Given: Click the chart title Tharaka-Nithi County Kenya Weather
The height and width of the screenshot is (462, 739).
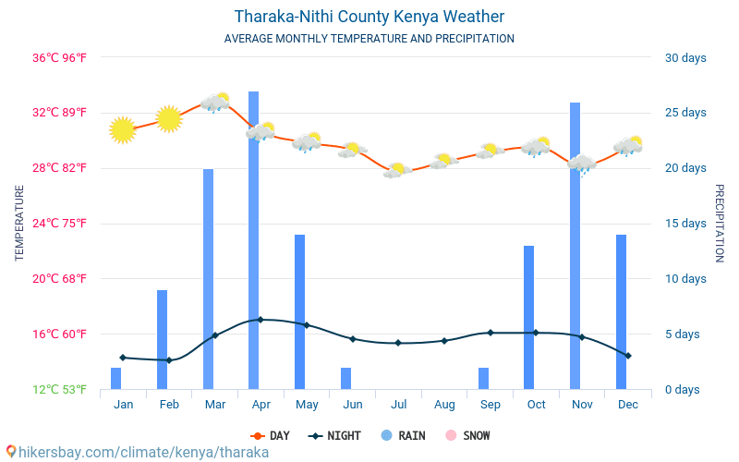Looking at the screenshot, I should (x=369, y=17).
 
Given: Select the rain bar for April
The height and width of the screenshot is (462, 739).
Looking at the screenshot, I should (x=253, y=240).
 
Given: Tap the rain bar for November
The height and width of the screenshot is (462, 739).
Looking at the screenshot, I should (x=575, y=246).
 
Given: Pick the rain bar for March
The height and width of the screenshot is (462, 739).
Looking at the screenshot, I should (x=208, y=279).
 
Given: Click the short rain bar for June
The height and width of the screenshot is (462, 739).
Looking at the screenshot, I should (x=345, y=378).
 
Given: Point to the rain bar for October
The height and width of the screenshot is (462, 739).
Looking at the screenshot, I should (x=529, y=317).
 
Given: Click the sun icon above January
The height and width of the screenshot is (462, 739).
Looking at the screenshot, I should (x=122, y=130).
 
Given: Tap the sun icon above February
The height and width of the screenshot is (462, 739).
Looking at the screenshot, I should (x=169, y=118).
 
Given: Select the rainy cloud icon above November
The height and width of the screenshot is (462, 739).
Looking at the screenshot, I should (x=582, y=164).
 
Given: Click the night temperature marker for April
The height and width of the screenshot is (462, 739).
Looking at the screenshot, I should (x=260, y=320).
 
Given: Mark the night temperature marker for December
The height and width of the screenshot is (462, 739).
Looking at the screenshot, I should (x=628, y=356).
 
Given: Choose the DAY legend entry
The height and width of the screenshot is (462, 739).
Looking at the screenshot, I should (x=270, y=435).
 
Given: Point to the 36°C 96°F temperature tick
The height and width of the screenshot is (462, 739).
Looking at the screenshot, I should (x=60, y=57).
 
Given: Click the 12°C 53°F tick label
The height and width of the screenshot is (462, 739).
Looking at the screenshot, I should (x=60, y=389).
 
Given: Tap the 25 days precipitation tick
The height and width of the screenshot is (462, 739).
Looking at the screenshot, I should (x=684, y=113).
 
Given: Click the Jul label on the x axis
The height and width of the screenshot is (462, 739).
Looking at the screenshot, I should (x=398, y=405).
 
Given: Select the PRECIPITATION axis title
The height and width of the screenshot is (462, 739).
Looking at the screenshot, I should (x=719, y=223).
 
